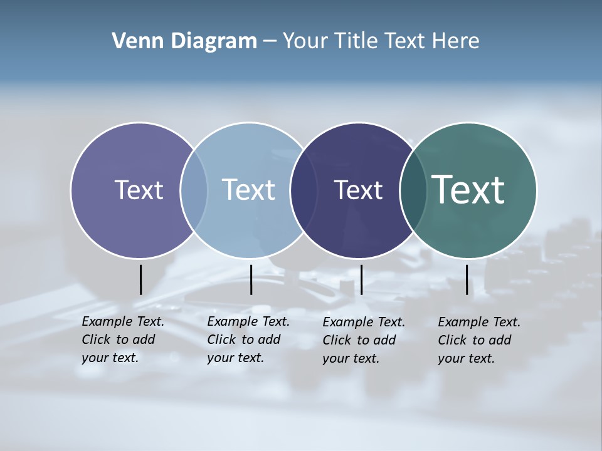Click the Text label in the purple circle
coord(139,190)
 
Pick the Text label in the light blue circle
coord(248,190)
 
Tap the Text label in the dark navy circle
coord(358,190)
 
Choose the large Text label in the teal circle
coord(468,190)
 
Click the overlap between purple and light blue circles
coord(194,190)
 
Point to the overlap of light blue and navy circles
coord(304,190)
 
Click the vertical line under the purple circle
coord(140,279)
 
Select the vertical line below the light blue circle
coord(251,279)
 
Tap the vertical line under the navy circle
coord(361,279)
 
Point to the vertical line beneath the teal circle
coord(467,279)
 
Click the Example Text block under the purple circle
coord(123,340)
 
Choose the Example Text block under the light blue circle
coord(248,340)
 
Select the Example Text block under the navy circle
coord(364,340)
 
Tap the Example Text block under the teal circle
coord(479,340)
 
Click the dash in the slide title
coord(270,42)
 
